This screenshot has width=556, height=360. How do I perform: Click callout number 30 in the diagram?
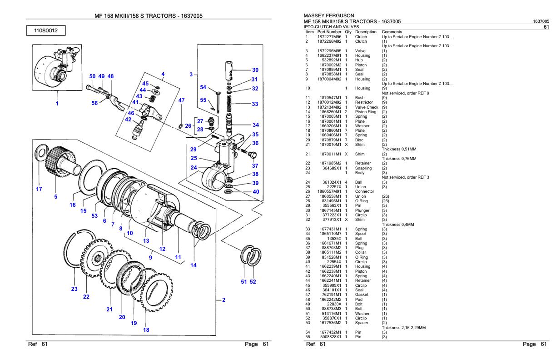pos(255,70)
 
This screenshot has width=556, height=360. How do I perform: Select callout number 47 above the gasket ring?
pos(181,100)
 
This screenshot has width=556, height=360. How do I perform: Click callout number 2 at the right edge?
pos(223,300)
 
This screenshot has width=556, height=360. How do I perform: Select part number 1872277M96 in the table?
pos(329,36)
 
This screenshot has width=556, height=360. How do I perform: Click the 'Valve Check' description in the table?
pos(366,107)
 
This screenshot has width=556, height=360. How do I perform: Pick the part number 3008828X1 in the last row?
pos(330,336)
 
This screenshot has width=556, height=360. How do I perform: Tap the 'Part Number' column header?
pos(329,32)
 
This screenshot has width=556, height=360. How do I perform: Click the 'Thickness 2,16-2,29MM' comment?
pos(404,327)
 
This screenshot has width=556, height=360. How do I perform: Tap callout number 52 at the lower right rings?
pos(253,282)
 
